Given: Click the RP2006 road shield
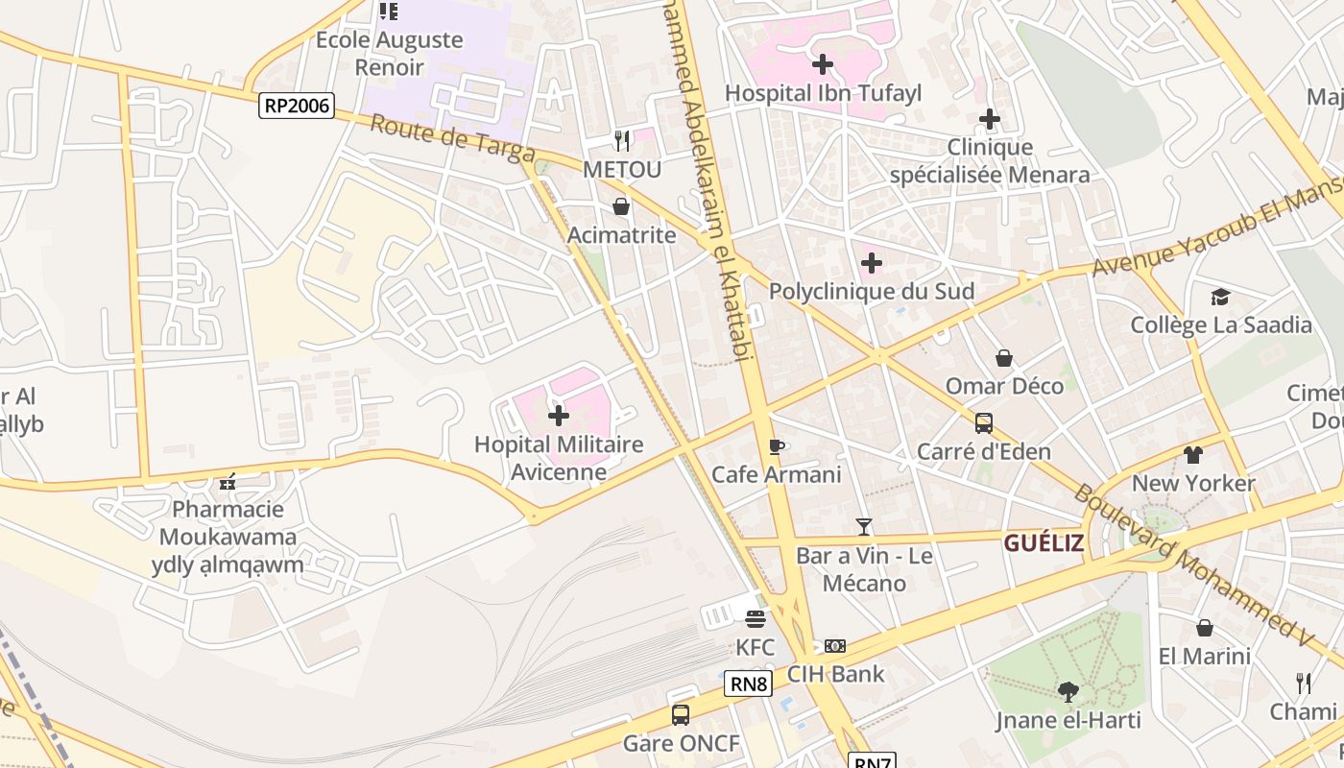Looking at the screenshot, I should (297, 106).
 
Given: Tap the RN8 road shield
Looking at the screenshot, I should (748, 684).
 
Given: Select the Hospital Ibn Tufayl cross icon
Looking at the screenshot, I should (823, 65).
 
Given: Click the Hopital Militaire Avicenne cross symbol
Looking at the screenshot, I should (558, 416).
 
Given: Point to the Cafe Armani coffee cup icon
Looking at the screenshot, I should (777, 446).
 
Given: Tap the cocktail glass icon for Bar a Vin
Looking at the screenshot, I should (864, 527).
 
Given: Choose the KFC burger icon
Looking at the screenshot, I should (756, 619).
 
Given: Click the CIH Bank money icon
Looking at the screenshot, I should (835, 646).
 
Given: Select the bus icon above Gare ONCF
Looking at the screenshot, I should (681, 715).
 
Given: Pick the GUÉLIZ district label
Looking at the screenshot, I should (1044, 543).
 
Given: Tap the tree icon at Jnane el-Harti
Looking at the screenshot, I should (1068, 691).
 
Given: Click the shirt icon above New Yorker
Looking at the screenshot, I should (1192, 455).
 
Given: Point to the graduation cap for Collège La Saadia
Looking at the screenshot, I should (1220, 297).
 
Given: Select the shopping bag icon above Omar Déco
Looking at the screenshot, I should (1004, 358).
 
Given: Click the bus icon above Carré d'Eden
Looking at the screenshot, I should (984, 423).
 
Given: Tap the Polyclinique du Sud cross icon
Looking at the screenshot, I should (872, 263).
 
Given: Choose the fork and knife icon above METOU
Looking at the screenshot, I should (622, 141).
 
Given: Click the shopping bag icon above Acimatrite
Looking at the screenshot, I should (621, 206).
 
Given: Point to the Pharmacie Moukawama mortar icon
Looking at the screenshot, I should (228, 481).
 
